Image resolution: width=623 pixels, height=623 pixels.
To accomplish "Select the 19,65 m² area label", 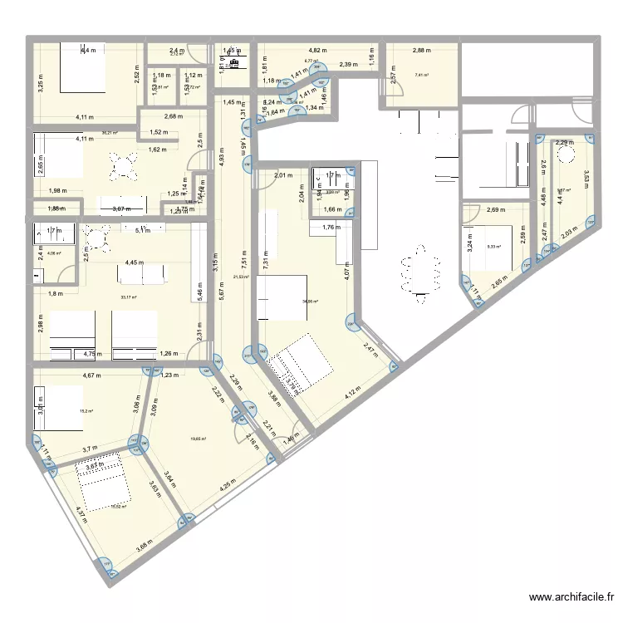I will point(197,439).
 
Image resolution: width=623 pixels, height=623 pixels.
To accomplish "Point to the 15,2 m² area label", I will point(85,410).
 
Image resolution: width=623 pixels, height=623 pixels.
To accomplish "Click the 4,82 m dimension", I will point(318,51).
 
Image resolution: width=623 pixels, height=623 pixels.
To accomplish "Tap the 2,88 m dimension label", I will point(421,51).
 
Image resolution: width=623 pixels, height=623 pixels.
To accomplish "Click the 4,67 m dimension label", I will point(91,375).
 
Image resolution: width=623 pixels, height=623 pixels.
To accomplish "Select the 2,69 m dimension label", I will point(497,210).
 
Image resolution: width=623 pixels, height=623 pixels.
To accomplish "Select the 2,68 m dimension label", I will point(172,116).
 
